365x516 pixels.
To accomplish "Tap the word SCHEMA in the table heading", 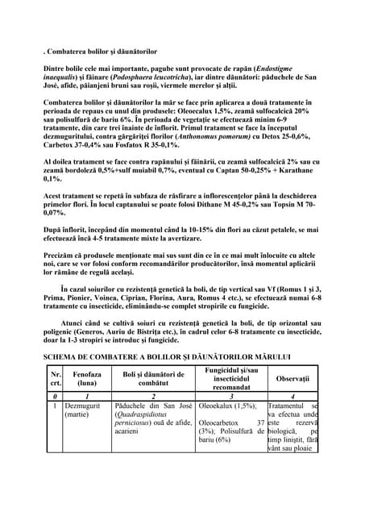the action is click(x=63, y=356).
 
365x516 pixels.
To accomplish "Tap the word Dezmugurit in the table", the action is click(x=85, y=405).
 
